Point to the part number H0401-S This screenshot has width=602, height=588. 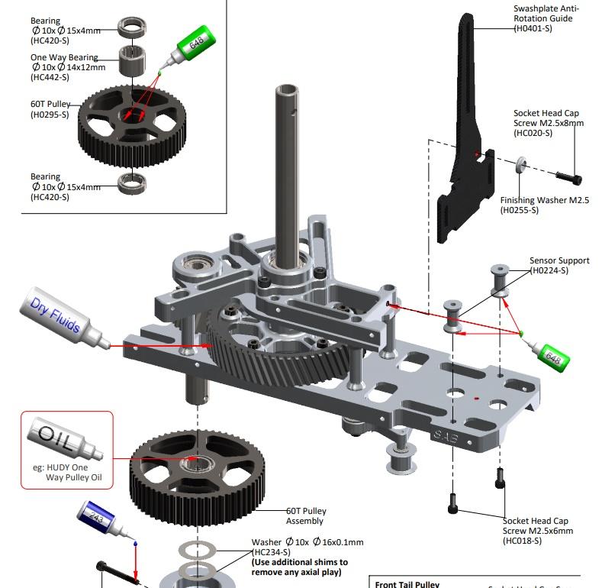tap(533, 28)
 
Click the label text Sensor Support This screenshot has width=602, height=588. tap(559, 260)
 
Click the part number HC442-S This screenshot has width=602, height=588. tap(50, 77)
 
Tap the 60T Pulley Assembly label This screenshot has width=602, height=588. tap(304, 515)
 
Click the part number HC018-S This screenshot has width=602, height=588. tap(522, 541)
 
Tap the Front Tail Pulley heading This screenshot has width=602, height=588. tap(407, 584)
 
